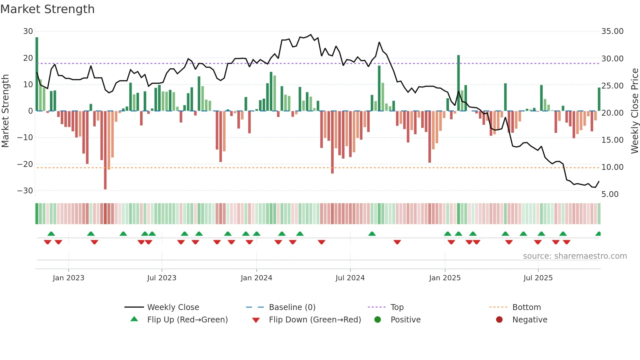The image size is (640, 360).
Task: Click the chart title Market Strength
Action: point(47,9)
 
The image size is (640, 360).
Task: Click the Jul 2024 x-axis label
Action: point(350,278)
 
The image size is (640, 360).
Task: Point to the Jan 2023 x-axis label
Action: point(69,278)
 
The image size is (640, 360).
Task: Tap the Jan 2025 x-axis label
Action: point(445,278)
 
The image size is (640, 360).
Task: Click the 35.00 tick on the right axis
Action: point(612,31)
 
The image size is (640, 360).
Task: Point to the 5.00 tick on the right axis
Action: point(610,194)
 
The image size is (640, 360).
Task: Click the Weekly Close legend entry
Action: point(173,307)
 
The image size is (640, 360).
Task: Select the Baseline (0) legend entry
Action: point(292,307)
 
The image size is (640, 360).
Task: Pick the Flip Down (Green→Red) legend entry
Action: point(315,320)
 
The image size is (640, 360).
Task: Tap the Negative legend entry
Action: point(530,320)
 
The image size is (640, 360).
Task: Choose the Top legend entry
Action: point(397,307)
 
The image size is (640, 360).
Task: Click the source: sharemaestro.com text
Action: point(575,256)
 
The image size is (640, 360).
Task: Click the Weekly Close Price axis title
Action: point(635,111)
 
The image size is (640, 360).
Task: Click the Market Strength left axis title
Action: point(5,111)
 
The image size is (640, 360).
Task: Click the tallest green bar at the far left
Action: point(37,74)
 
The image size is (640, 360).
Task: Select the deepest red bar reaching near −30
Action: point(105,150)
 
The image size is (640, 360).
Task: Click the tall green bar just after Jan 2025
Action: point(458,83)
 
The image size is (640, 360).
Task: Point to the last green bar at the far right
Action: point(599,99)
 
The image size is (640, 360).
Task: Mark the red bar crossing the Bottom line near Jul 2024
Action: point(332,142)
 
